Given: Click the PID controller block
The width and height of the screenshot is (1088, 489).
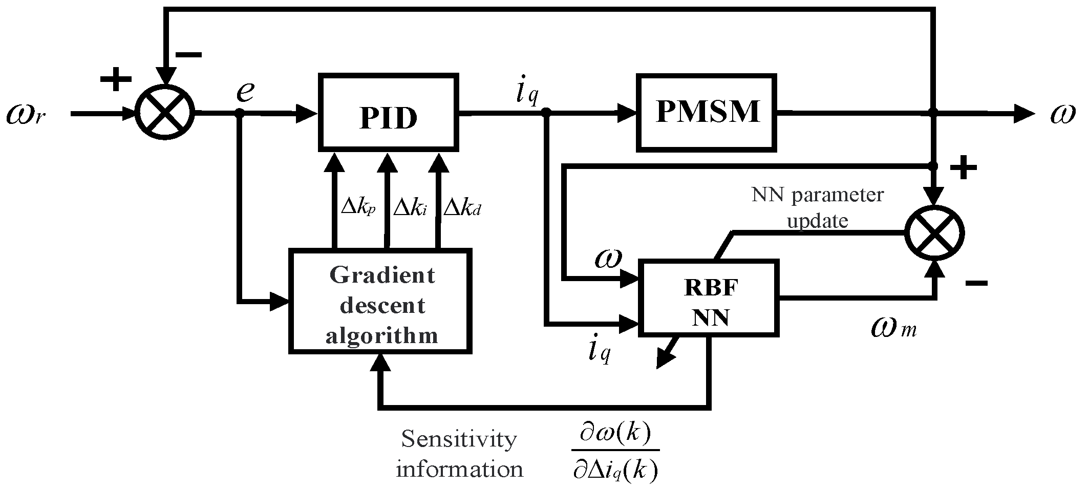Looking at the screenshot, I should click(388, 112).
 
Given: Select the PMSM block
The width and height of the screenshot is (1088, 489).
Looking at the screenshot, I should click(707, 112).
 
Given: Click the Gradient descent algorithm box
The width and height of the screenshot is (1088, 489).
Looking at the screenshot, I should click(380, 301).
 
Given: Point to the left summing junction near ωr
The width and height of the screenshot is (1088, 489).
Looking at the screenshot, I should click(165, 113).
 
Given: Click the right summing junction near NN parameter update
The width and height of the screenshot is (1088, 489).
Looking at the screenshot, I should click(934, 233).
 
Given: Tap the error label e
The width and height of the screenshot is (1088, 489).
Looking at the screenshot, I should click(245, 91).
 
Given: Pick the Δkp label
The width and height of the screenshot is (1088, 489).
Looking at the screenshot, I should click(358, 208).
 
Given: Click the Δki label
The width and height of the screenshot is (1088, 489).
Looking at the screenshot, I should click(410, 208).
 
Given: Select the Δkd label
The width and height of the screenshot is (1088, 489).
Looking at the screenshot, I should click(462, 208).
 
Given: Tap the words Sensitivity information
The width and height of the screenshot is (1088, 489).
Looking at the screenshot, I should click(459, 454).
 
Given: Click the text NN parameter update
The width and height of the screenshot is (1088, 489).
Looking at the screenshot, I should click(818, 207).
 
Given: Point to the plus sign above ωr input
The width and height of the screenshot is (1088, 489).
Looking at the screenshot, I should click(116, 79).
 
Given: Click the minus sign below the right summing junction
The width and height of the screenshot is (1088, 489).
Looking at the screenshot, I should click(975, 283).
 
